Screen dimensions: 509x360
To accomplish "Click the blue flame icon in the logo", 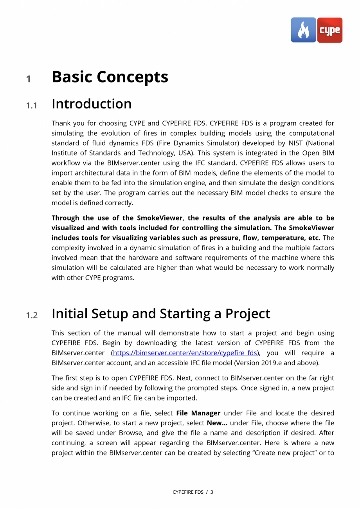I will tap(303, 30).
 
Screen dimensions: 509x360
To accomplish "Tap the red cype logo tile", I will tap(329, 30).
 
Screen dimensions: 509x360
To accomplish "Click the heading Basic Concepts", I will tap(110, 77).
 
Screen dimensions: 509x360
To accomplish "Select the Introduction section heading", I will tap(92, 104).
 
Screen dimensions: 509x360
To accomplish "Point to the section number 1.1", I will tap(32, 106).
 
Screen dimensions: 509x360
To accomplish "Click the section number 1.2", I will tap(32, 316).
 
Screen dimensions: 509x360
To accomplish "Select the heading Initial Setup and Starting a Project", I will tap(161, 314).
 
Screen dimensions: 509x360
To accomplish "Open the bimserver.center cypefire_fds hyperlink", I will tap(185, 353).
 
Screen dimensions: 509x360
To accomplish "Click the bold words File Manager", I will tap(198, 413).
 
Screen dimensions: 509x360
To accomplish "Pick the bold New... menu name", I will tap(217, 423).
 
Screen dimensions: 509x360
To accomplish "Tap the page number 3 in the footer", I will tap(212, 492).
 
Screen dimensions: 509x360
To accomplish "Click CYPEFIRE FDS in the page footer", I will tap(188, 492).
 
